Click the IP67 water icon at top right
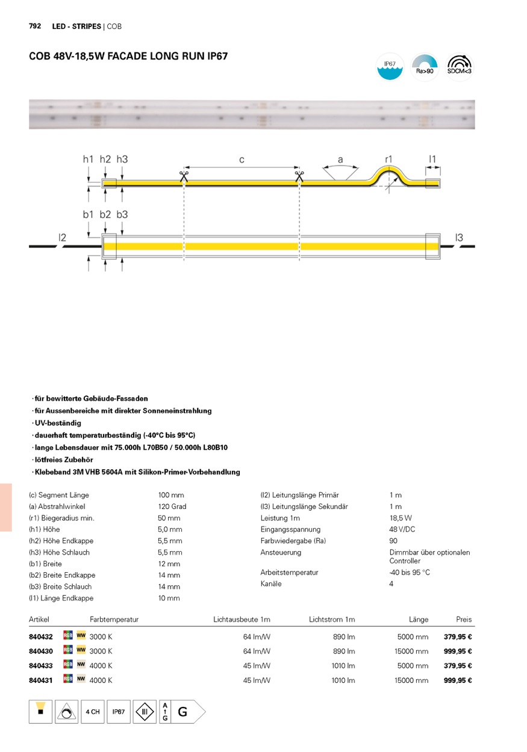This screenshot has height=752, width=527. (x=390, y=67)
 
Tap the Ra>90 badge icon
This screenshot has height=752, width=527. (x=425, y=67)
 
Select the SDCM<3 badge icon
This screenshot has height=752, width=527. (x=460, y=67)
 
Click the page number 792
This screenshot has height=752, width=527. (x=35, y=26)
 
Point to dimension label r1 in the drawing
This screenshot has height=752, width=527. (x=389, y=159)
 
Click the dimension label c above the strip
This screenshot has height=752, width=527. (x=242, y=159)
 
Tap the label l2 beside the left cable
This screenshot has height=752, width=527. (x=62, y=238)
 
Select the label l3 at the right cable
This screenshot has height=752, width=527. (x=460, y=238)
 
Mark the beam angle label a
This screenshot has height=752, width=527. (x=340, y=160)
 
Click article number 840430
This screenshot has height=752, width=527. (x=41, y=652)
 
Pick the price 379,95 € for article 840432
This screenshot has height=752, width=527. (x=458, y=636)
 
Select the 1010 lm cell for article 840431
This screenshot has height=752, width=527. (x=343, y=680)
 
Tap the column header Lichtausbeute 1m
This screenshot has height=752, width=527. (x=242, y=620)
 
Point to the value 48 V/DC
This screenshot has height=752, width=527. (x=402, y=529)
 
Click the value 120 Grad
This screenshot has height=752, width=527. (x=172, y=507)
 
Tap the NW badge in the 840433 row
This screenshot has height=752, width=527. (x=81, y=665)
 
